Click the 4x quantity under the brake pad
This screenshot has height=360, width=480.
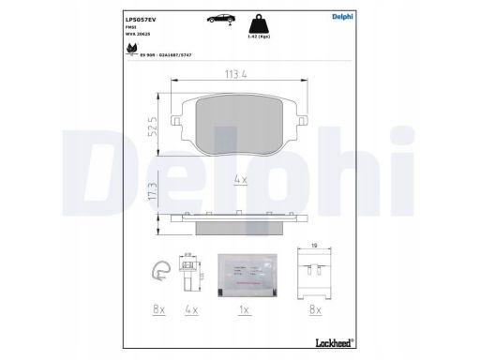click(x=239, y=177)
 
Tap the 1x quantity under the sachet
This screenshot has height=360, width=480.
click(x=245, y=307)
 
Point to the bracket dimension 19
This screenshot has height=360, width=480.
click(x=314, y=247)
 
